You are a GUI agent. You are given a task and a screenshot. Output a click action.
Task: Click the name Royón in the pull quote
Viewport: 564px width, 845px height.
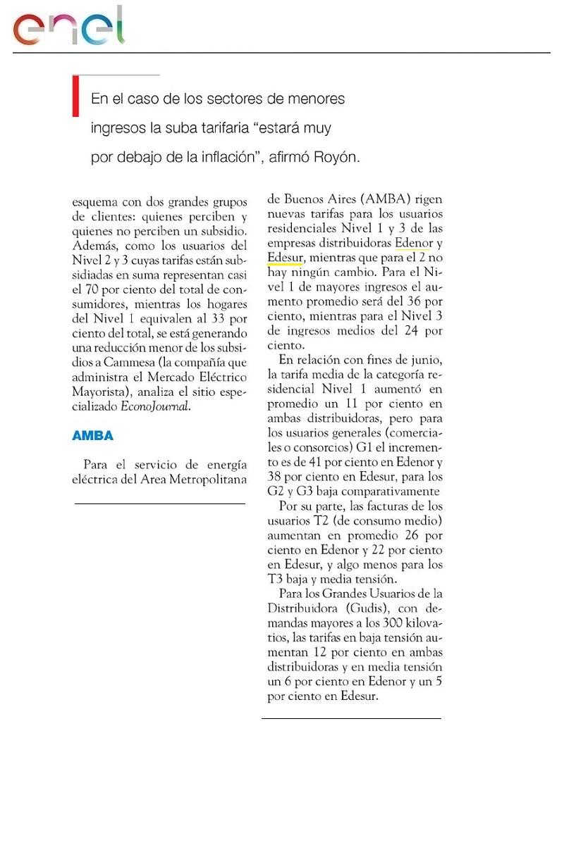[x=338, y=158]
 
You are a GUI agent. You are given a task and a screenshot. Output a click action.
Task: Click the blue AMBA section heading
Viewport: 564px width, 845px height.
[x=92, y=436]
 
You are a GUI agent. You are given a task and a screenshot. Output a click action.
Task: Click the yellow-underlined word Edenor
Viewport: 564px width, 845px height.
[x=412, y=243]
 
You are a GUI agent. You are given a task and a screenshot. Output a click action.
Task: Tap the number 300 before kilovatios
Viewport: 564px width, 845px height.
[x=392, y=623]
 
